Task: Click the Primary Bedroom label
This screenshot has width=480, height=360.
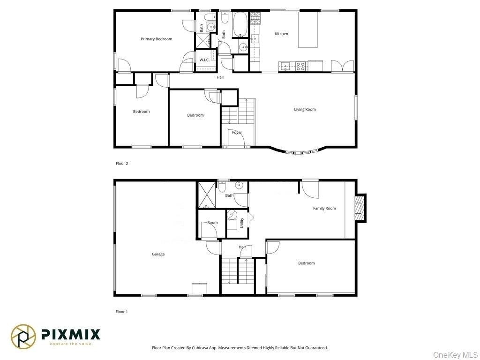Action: (157, 39)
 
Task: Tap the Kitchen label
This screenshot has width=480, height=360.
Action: (281, 34)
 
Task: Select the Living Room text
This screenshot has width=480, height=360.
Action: (305, 109)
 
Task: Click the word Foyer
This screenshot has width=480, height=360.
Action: (237, 133)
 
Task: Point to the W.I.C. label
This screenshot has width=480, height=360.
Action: (204, 60)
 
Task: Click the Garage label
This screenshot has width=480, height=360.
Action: (158, 254)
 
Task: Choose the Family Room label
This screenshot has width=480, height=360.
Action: (324, 208)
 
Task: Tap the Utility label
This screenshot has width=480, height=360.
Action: (242, 222)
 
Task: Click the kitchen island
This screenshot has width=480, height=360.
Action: (308, 29)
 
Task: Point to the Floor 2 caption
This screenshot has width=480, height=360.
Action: (122, 164)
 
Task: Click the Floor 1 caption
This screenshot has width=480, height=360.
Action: (122, 312)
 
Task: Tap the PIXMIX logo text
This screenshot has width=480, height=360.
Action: (71, 334)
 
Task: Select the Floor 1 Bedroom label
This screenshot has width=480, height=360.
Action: (307, 263)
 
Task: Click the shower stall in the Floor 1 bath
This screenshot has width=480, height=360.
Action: (206, 195)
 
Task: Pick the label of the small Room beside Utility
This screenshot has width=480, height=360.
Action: (212, 223)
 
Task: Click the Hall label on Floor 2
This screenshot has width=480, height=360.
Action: (220, 77)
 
